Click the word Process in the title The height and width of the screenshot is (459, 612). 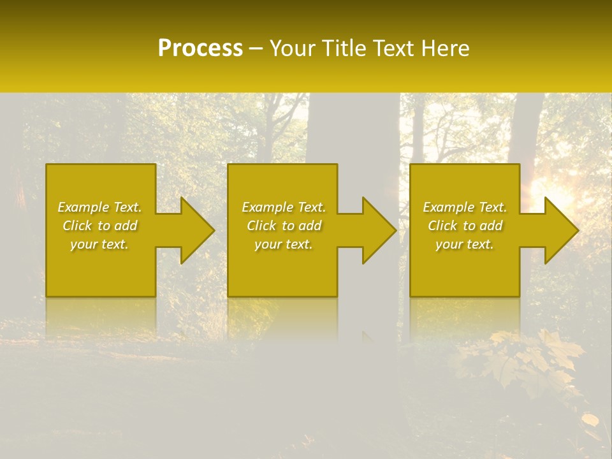pyautogui.click(x=200, y=48)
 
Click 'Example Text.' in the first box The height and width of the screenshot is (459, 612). pyautogui.click(x=99, y=207)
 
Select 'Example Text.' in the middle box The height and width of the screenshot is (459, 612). pyautogui.click(x=284, y=207)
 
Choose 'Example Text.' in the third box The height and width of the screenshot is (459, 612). pyautogui.click(x=465, y=207)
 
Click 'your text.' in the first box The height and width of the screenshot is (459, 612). pyautogui.click(x=99, y=244)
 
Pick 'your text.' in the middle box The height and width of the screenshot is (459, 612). pyautogui.click(x=284, y=244)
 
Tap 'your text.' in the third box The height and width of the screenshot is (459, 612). pyautogui.click(x=465, y=244)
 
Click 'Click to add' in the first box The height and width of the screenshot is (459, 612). pyautogui.click(x=99, y=226)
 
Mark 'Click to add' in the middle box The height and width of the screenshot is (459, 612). pyautogui.click(x=284, y=226)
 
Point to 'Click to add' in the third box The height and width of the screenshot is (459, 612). pyautogui.click(x=465, y=226)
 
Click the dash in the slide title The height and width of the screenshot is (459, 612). pyautogui.click(x=256, y=49)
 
